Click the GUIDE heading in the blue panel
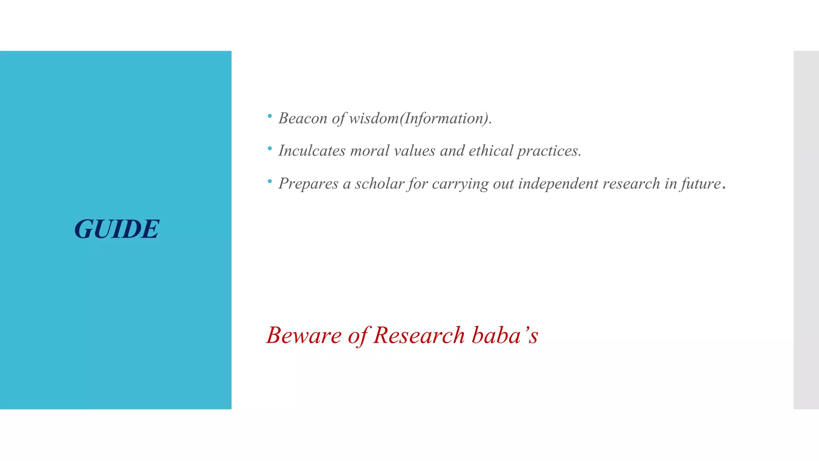(117, 229)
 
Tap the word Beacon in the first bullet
(303, 118)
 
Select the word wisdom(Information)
(420, 118)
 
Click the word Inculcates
(312, 151)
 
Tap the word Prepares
(308, 184)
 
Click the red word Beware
(304, 335)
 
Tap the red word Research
(419, 335)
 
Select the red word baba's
(505, 335)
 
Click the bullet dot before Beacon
(270, 116)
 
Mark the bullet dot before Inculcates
(270, 149)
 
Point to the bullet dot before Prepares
(270, 182)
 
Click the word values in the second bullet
(414, 151)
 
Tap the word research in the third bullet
(631, 184)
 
